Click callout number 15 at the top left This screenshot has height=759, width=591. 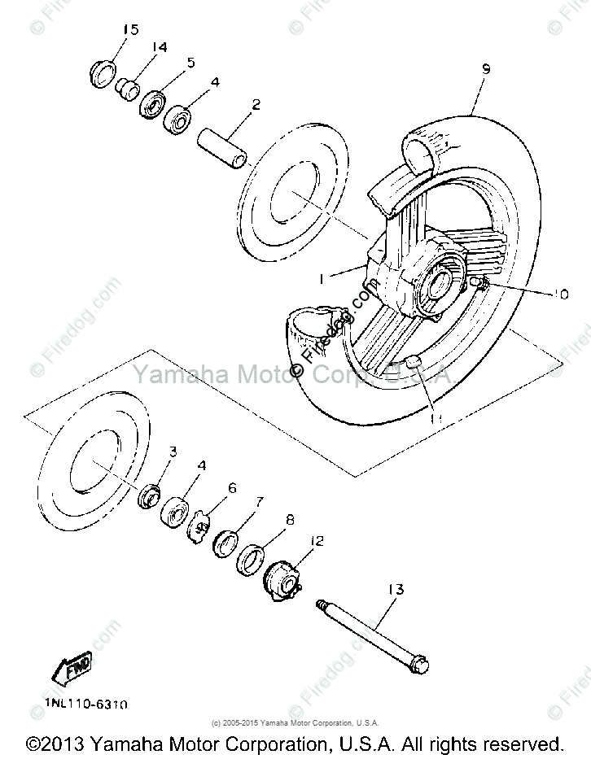tap(130, 30)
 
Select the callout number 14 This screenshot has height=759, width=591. tap(159, 47)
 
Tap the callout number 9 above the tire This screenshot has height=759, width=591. tap(485, 69)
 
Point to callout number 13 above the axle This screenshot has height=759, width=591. tap(396, 589)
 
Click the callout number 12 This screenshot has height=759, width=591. tap(317, 539)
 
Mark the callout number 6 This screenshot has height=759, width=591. tap(232, 488)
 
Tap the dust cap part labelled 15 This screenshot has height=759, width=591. tap(101, 74)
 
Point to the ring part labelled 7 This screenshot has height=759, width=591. tap(224, 542)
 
